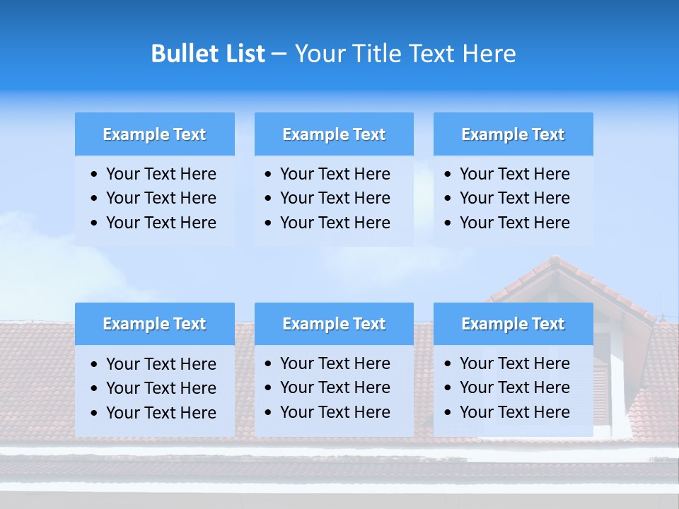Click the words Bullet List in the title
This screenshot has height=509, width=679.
point(207,54)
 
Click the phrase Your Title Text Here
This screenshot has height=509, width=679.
point(405,54)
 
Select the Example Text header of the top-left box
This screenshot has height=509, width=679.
point(154,134)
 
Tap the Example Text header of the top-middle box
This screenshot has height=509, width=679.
point(334,134)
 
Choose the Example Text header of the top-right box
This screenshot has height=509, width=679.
point(513,134)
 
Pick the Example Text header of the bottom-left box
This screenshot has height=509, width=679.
point(154,324)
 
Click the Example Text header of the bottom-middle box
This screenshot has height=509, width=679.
point(334,324)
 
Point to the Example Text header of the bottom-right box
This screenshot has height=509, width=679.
point(513,324)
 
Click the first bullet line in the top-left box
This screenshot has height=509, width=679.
point(161,174)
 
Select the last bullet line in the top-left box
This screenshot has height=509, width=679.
point(161,223)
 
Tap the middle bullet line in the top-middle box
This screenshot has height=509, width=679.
point(335,198)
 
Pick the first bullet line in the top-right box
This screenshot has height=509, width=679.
point(514,174)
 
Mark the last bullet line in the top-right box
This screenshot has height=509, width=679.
point(514,223)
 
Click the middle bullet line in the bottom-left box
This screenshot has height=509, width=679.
point(161,388)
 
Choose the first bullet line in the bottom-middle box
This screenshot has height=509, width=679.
point(335,363)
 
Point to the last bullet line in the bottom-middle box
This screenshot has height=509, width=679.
point(335,412)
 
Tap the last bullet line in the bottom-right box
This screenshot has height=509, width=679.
point(514,412)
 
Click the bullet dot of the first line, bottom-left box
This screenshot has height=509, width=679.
point(95,365)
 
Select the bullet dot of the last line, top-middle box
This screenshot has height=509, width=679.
point(268,223)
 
